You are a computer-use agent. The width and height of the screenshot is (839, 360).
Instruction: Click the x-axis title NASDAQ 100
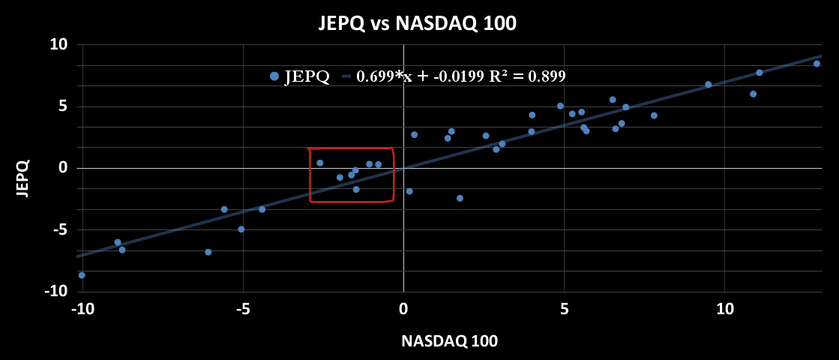coord(449,340)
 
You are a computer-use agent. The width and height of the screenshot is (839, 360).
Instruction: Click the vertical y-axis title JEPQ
coord(22,178)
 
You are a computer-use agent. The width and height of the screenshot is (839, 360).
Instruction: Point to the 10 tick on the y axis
coord(59,45)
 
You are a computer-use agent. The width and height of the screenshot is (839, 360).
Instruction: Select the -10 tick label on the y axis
coord(57,292)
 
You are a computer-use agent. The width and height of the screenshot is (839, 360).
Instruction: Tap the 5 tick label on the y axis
coord(63,106)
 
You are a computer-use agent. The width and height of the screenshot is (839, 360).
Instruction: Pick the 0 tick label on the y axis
coord(63,168)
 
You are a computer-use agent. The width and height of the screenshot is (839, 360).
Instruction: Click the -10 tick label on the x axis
coord(82,308)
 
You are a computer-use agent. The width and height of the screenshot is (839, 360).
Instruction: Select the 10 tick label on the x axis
coord(724,308)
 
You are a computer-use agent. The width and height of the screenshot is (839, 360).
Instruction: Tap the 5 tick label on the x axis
coord(564,308)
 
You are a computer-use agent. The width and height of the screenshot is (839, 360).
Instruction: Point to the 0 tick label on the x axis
coord(403,308)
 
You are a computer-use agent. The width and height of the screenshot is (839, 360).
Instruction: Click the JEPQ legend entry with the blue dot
coord(300,76)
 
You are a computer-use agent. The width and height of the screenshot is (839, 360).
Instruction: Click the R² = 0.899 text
coord(533,76)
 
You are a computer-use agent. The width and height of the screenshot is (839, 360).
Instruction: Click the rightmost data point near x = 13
coord(817,64)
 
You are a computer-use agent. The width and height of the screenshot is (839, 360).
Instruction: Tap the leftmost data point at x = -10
coord(82,275)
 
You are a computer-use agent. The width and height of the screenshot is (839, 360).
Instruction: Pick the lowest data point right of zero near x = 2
coord(460,198)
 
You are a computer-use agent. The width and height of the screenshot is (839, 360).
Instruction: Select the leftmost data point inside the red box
coord(319,163)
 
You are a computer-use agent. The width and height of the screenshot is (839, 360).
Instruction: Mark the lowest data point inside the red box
coord(356,189)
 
